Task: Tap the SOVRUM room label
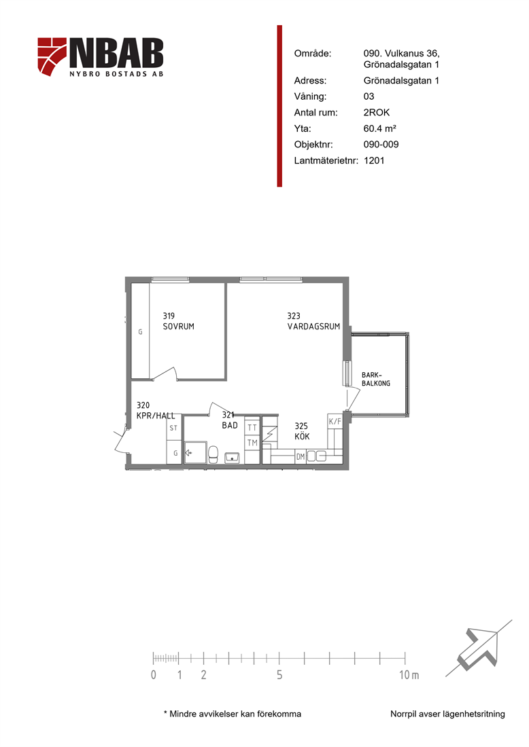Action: (178, 327)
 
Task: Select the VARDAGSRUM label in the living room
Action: (313, 327)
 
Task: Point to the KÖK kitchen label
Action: (302, 436)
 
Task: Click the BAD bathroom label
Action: (229, 425)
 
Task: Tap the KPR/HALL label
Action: (156, 416)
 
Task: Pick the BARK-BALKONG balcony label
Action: (376, 379)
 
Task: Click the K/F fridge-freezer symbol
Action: (335, 421)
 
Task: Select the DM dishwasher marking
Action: (301, 457)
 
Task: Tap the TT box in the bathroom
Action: (252, 427)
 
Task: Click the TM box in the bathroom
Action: (252, 443)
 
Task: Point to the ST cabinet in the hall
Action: (173, 428)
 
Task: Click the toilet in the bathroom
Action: (214, 454)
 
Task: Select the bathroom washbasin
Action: (233, 458)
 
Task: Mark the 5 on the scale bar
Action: (279, 674)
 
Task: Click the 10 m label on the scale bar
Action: (409, 674)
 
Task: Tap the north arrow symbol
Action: (477, 649)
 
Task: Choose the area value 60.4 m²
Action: (379, 128)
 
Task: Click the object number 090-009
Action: (381, 145)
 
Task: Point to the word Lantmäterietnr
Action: (326, 160)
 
